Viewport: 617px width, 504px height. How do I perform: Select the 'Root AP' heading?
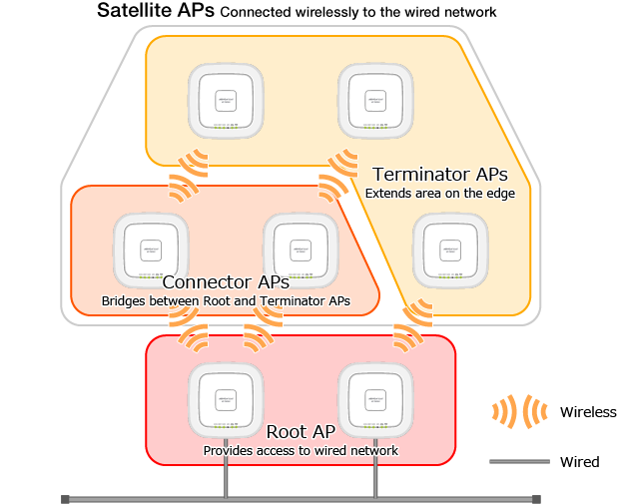click(x=301, y=432)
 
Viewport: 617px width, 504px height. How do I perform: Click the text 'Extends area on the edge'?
click(x=439, y=193)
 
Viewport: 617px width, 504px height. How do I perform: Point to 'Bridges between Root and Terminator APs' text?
click(x=226, y=300)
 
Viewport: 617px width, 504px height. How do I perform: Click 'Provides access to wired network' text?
click(x=301, y=450)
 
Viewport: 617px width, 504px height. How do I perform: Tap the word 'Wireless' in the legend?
click(x=588, y=412)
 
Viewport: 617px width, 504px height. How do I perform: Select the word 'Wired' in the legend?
click(x=579, y=462)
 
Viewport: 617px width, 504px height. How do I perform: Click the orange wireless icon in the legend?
click(x=520, y=411)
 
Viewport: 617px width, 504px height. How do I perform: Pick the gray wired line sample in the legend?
click(x=519, y=462)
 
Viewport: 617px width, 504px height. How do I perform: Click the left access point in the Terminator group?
click(x=227, y=101)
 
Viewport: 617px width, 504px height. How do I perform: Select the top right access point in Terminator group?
click(x=375, y=101)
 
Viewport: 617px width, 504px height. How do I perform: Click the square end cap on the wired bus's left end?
click(x=66, y=498)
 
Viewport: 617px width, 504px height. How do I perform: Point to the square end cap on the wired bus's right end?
click(x=536, y=498)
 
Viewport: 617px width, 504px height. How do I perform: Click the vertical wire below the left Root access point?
click(x=227, y=469)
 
